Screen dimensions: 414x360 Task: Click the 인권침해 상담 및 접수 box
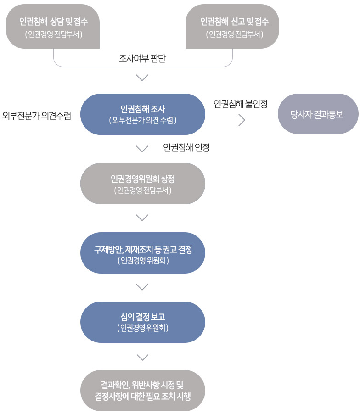53,26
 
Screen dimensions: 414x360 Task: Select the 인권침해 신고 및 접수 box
232,26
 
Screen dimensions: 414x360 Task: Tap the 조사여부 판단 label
142,58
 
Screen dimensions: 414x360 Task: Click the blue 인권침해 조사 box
142,114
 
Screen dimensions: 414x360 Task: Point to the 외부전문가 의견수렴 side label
37,116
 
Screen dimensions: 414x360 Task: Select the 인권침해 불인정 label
241,104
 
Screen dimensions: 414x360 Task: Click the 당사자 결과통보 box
318,114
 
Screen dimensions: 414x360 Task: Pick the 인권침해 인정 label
186,148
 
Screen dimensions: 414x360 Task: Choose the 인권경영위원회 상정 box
142,183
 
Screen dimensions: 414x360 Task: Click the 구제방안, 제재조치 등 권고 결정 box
142,253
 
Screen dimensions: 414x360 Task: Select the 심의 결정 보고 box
142,322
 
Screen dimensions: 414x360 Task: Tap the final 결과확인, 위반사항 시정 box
142,390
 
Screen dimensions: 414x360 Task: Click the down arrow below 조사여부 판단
142,78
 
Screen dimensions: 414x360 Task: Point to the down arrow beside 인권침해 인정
142,148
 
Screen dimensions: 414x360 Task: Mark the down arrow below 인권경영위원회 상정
142,217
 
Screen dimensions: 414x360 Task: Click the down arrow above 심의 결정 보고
142,287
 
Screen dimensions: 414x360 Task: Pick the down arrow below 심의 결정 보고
142,357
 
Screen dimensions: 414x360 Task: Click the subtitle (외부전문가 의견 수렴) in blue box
142,120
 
